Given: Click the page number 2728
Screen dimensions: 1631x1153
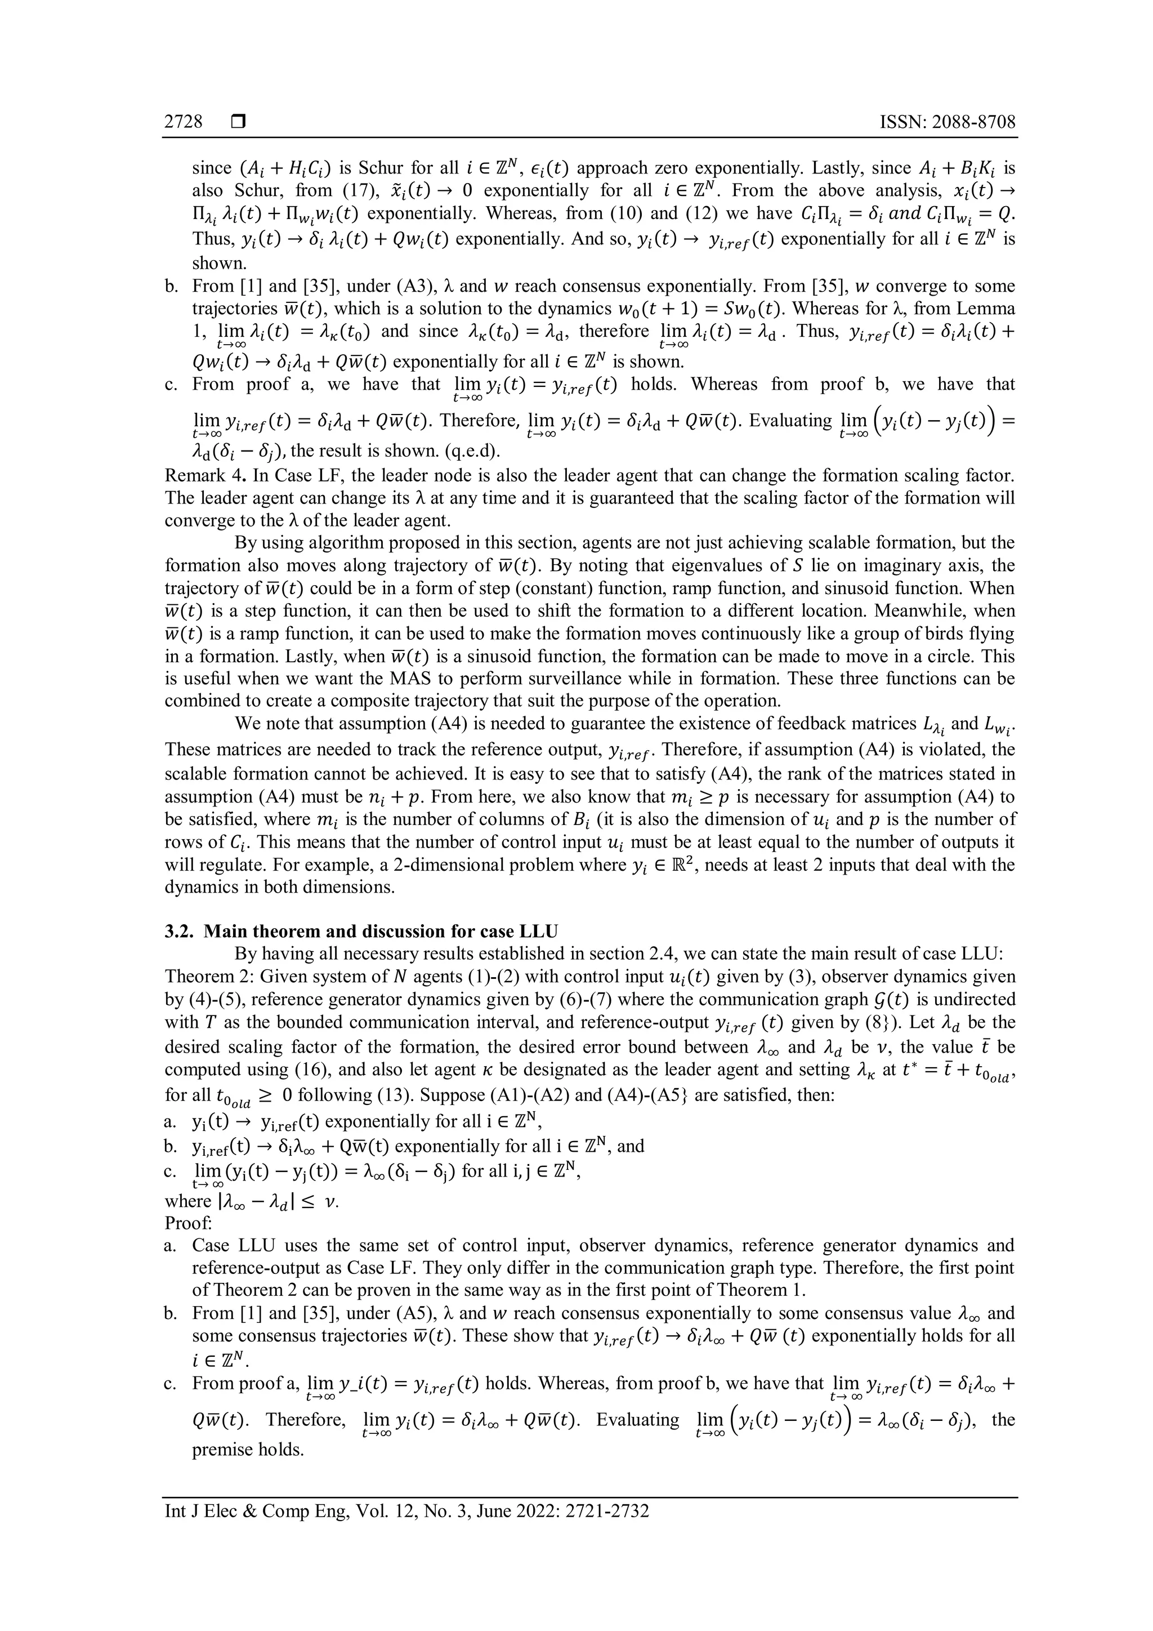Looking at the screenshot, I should (x=183, y=122).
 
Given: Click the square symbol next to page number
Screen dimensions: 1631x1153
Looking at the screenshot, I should (x=238, y=122).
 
